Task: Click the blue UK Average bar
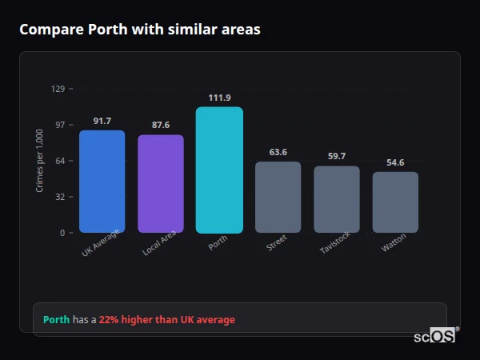tap(102, 182)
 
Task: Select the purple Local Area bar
tap(161, 184)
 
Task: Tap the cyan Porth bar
tap(219, 170)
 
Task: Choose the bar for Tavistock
tap(337, 199)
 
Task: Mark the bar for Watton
tap(395, 202)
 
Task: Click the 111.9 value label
tap(219, 98)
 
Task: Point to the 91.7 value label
tap(102, 121)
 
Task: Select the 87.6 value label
tap(161, 126)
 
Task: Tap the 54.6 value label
tap(395, 162)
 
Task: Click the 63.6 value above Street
tap(278, 152)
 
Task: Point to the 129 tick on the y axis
tap(58, 89)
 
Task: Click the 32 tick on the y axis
tap(60, 197)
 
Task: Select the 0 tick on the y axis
tap(62, 233)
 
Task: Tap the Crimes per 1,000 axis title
tap(40, 160)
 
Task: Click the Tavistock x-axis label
tap(335, 246)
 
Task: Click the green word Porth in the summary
tap(56, 320)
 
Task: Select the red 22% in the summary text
tap(109, 320)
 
